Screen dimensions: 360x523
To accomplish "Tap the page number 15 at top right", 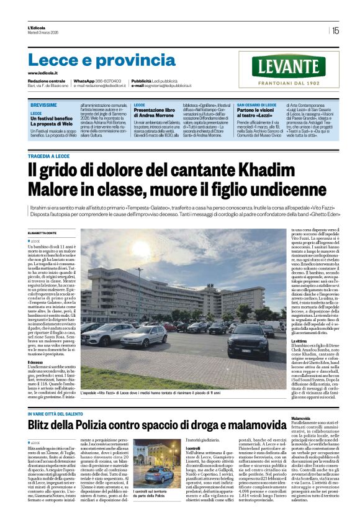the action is (335, 30).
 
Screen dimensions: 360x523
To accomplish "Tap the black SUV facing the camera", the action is (248, 340).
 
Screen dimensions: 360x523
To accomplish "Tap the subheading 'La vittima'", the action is (300, 342).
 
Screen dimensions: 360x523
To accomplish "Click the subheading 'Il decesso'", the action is (35, 362).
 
